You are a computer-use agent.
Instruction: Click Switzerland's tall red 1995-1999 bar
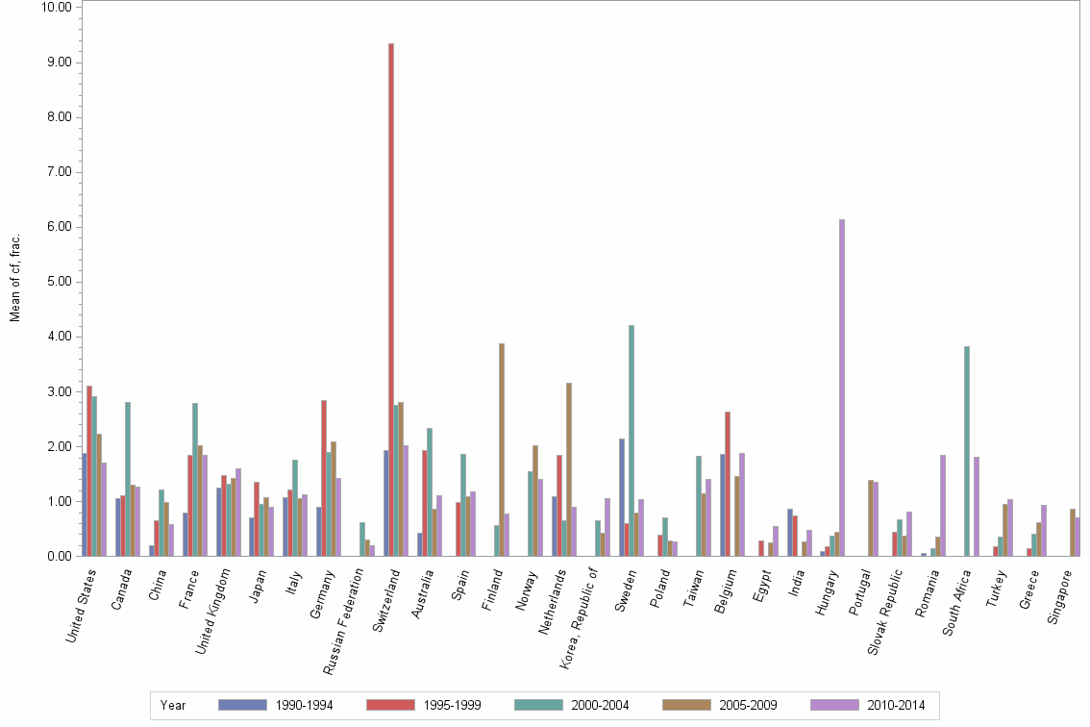coord(391,299)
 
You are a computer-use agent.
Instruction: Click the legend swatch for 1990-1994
coord(242,705)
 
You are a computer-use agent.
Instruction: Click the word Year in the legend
coord(173,705)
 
